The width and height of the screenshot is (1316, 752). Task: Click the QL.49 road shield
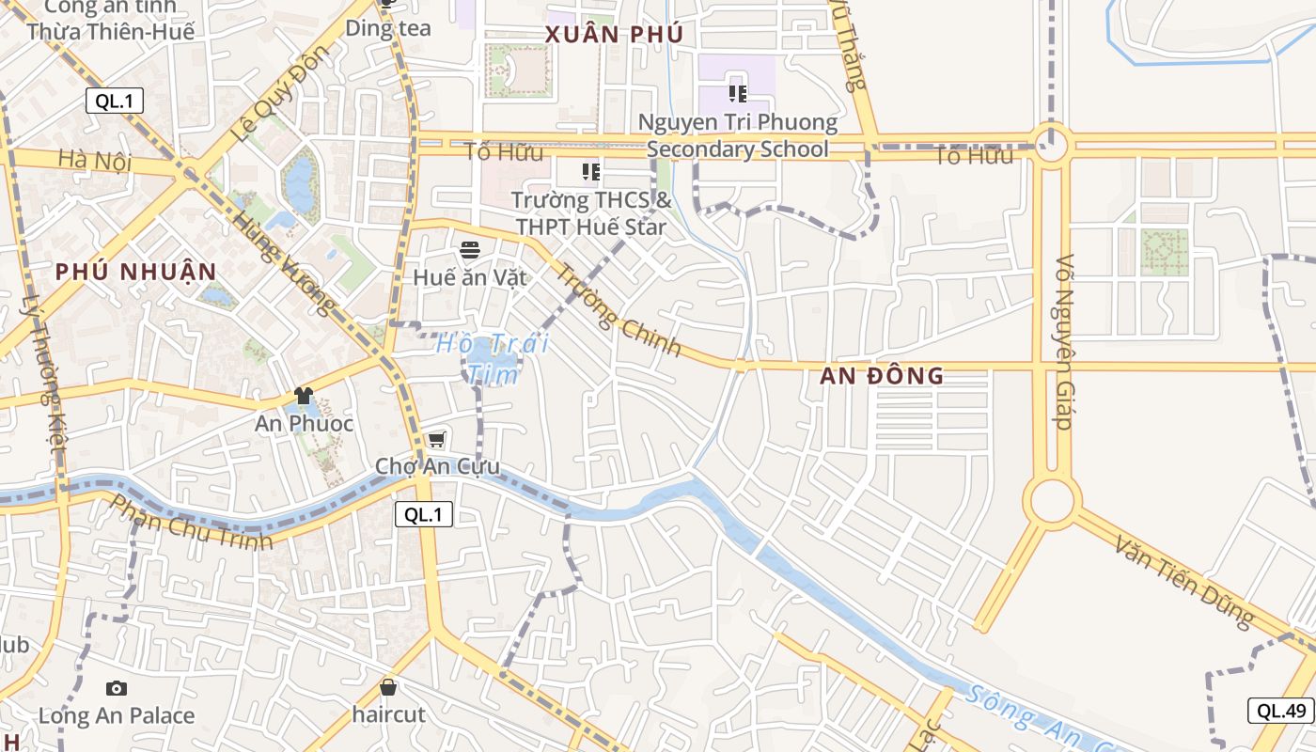(x=1280, y=711)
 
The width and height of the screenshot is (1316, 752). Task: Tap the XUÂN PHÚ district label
(x=614, y=36)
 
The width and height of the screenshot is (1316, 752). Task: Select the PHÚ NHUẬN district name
(x=135, y=272)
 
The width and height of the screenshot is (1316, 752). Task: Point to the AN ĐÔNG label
(x=882, y=376)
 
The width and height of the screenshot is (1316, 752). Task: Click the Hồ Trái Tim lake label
(x=493, y=358)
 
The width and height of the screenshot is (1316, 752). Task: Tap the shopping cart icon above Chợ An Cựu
(x=436, y=440)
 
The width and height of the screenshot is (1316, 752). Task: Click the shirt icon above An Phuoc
(x=303, y=396)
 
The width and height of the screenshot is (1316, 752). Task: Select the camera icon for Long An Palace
(x=117, y=689)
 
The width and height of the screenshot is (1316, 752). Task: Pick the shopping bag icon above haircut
(x=388, y=688)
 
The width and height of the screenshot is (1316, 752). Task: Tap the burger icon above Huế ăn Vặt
(x=470, y=250)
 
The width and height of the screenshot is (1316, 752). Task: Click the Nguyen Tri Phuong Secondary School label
(x=738, y=135)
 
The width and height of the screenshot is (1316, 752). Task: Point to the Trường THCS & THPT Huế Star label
(x=591, y=213)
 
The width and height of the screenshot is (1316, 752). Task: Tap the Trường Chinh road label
(x=619, y=310)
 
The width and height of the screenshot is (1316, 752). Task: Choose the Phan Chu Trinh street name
(x=191, y=522)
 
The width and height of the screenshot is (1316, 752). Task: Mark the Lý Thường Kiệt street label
(x=42, y=385)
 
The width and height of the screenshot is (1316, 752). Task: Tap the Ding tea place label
(x=388, y=28)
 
